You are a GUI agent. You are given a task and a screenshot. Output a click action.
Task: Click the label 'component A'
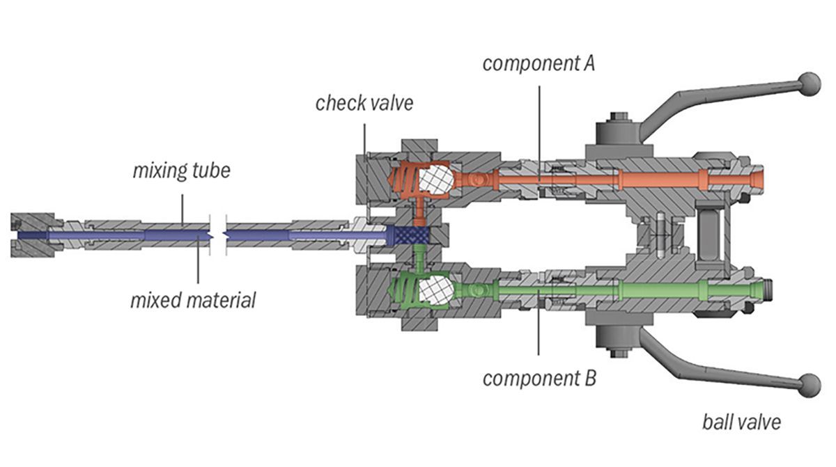539,64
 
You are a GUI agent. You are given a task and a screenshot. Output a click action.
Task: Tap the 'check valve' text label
364,104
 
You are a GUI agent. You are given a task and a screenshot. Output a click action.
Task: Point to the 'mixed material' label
193,301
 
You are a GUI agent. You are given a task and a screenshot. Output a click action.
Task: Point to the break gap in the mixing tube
218,235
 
